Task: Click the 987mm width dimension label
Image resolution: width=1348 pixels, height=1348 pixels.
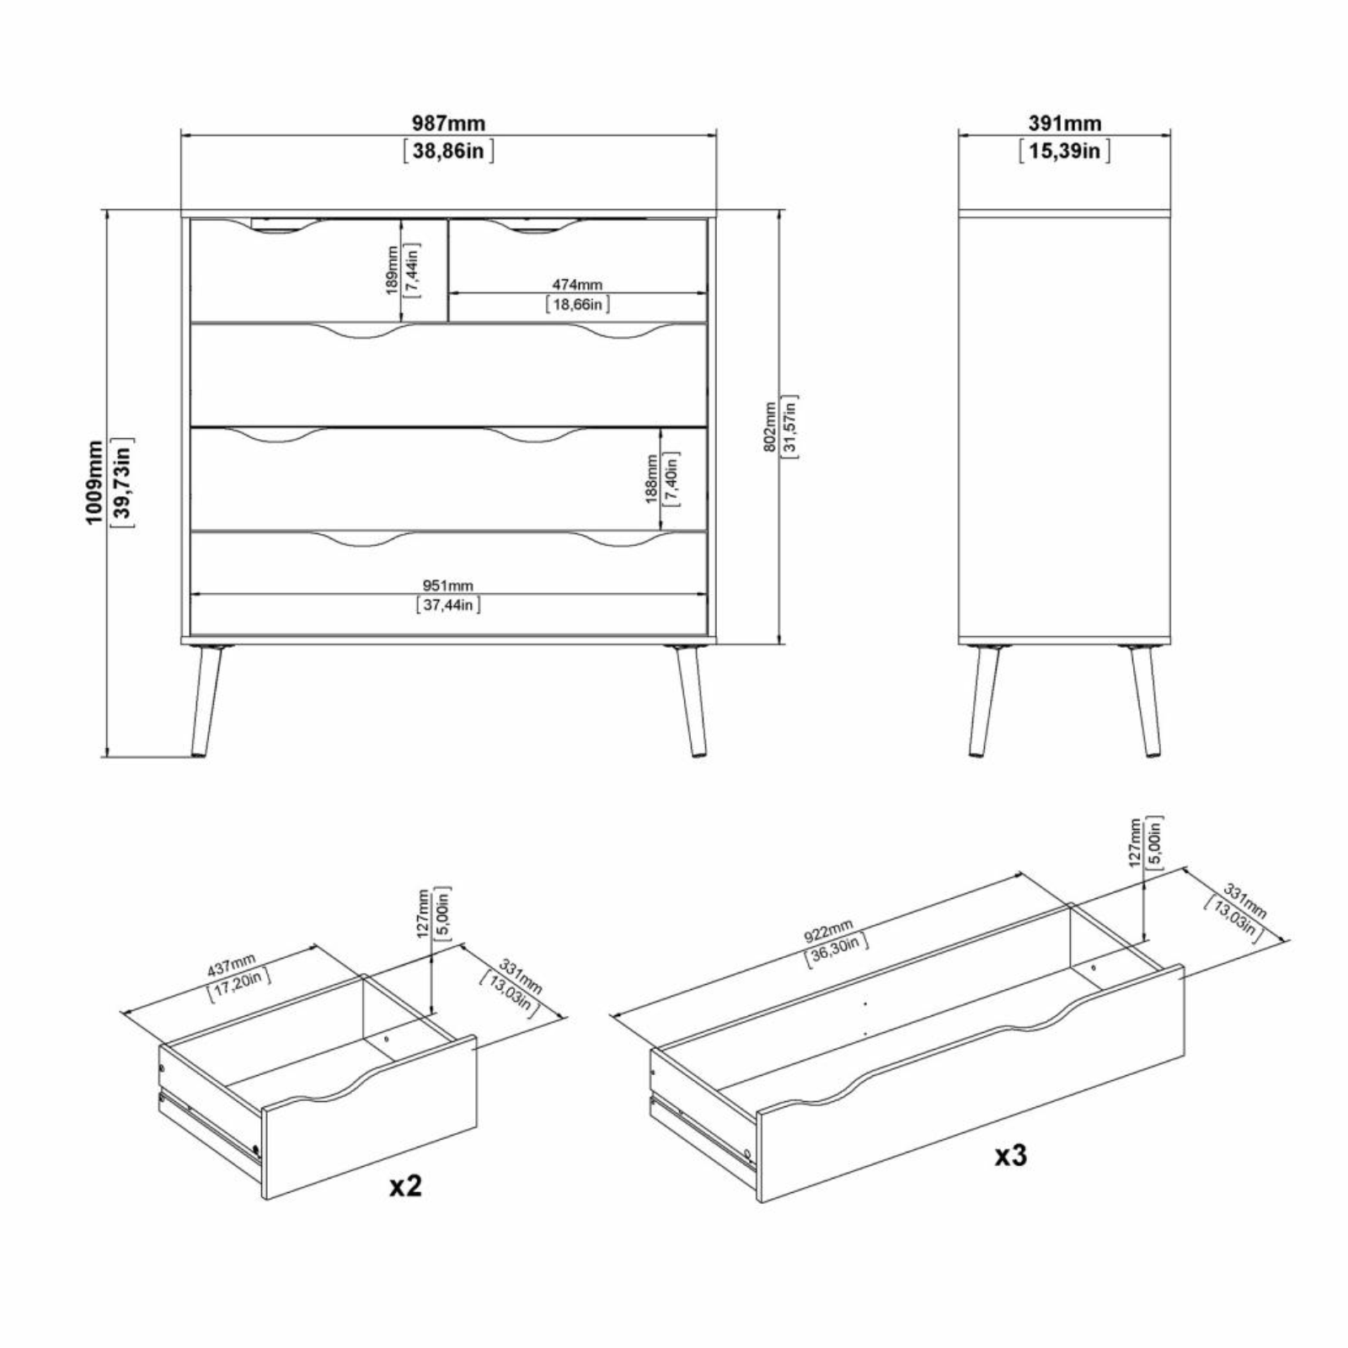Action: [448, 123]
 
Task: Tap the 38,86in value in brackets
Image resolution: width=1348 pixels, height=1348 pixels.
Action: [448, 152]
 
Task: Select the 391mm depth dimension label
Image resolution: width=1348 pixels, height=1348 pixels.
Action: [1064, 123]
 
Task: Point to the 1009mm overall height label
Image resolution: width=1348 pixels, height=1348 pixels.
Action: [95, 482]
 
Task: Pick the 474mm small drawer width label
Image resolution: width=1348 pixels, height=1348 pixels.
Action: [577, 286]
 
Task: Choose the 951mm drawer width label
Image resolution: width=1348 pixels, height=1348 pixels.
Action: [448, 586]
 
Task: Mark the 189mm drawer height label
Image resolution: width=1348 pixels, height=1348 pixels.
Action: [392, 270]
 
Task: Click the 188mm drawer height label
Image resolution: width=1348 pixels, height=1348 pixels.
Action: [651, 479]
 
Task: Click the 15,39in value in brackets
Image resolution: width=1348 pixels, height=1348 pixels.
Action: [1064, 152]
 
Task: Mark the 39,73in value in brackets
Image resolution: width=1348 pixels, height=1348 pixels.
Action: [122, 482]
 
